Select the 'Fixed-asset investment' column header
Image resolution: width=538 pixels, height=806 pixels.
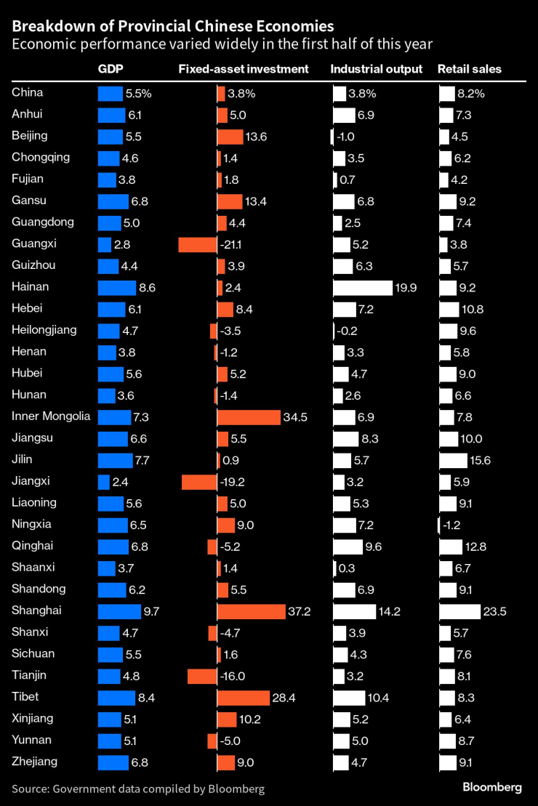coord(244,69)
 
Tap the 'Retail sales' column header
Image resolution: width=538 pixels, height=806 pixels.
coord(469,69)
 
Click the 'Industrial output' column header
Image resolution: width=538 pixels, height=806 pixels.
coord(376,69)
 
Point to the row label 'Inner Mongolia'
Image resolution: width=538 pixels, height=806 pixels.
coord(51,416)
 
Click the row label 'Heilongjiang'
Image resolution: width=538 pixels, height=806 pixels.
coord(45,330)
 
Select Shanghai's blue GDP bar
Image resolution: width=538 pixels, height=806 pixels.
coord(119,611)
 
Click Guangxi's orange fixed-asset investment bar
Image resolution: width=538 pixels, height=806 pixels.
coord(198,244)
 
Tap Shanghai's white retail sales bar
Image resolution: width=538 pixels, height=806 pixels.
coord(460,611)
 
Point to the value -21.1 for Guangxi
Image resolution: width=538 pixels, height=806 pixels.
coord(233,244)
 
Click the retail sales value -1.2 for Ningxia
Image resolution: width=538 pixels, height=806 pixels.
coord(454,525)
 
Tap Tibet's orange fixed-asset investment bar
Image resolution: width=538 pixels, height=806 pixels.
coord(243,698)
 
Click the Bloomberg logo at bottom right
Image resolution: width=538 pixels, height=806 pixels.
coord(492,788)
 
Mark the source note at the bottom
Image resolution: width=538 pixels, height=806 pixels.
coord(138,789)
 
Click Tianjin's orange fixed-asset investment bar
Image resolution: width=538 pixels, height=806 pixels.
coord(202,676)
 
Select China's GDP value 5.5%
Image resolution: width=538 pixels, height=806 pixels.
coord(138,93)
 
